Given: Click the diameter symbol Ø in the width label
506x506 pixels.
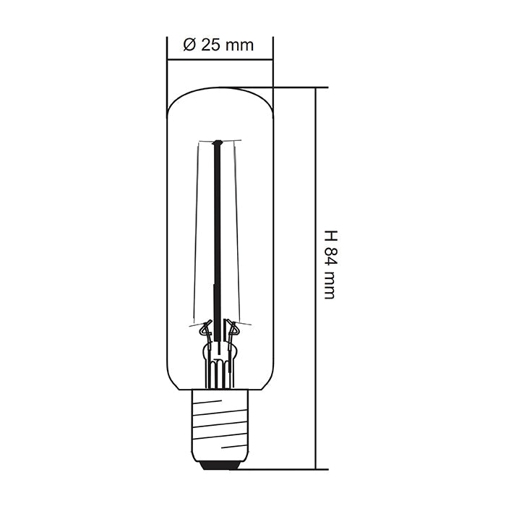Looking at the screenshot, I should pyautogui.click(x=189, y=45).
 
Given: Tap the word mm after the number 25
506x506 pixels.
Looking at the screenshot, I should pyautogui.click(x=240, y=45).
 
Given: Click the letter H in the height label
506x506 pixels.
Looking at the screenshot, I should pyautogui.click(x=330, y=236).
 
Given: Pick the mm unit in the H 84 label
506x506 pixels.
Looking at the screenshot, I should pyautogui.click(x=330, y=287).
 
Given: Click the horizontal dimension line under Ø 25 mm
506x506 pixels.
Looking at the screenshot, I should pyautogui.click(x=220, y=59).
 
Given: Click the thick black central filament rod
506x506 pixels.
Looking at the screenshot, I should pyautogui.click(x=215, y=231).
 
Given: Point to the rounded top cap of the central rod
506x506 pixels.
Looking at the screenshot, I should pyautogui.click(x=215, y=144).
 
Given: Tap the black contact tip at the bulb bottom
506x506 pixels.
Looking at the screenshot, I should pyautogui.click(x=220, y=464).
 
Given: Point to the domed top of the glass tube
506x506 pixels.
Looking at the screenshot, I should pyautogui.click(x=220, y=91).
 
